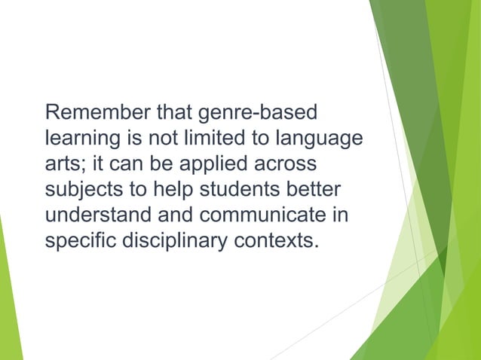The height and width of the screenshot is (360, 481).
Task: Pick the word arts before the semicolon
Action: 62,165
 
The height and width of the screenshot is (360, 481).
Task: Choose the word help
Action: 169,191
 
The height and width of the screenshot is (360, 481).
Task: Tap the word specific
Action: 78,242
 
